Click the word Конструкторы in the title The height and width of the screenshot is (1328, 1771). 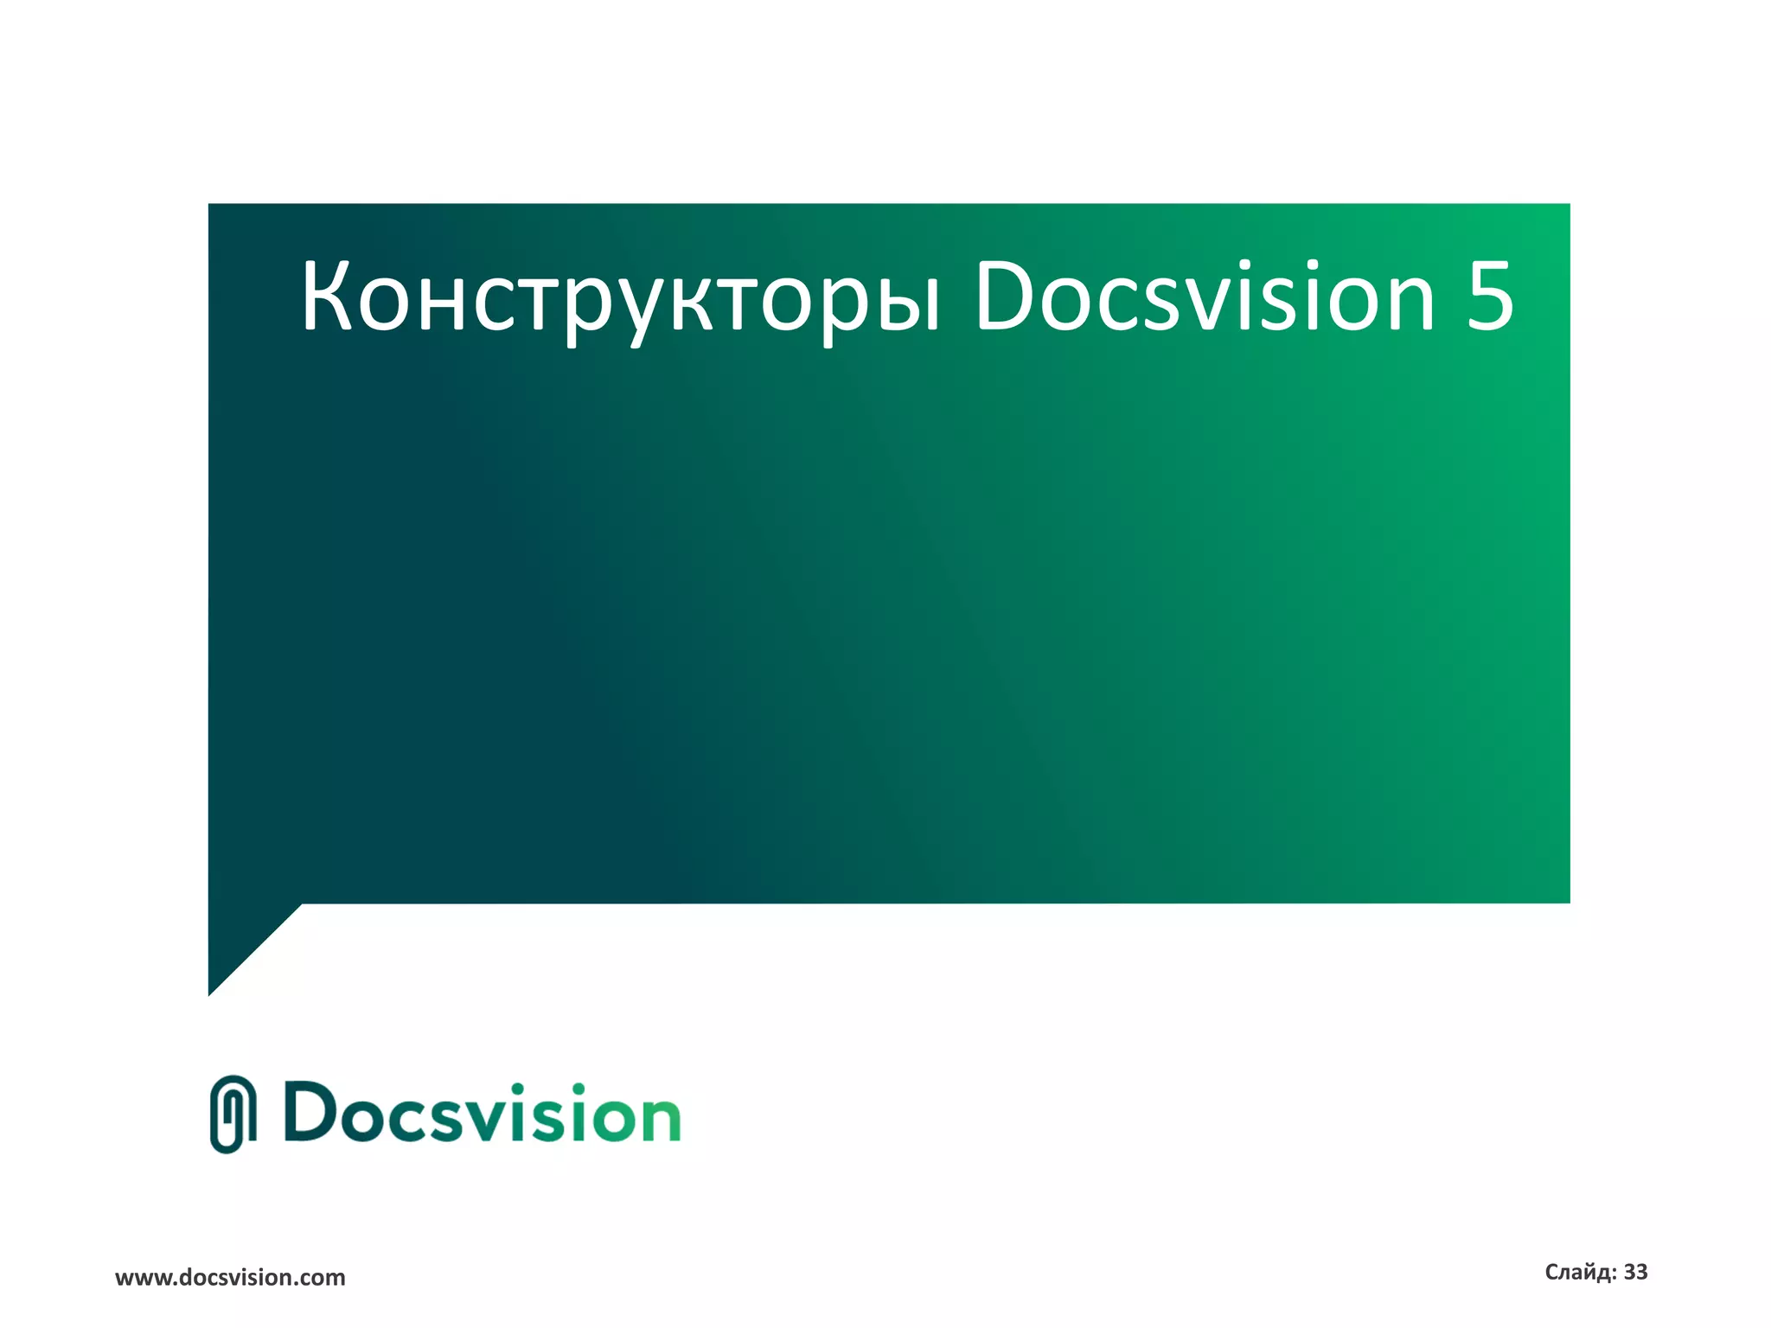click(x=619, y=298)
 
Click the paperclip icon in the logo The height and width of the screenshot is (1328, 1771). click(x=233, y=1114)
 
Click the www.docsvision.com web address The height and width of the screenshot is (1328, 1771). click(x=230, y=1278)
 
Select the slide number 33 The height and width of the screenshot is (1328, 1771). click(x=1635, y=1272)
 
